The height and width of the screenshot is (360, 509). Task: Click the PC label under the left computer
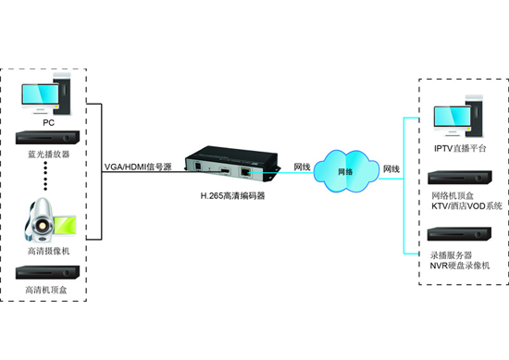49,123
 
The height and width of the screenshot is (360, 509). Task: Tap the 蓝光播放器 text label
49,154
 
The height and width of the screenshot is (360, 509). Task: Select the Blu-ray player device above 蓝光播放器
48,138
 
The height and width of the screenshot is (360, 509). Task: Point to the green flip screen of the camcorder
65,225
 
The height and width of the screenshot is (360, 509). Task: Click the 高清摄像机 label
49,251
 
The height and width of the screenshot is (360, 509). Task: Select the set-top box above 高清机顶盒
48,272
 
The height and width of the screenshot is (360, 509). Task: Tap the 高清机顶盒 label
46,290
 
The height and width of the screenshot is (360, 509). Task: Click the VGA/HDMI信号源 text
138,167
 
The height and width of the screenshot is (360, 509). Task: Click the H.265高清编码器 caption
232,196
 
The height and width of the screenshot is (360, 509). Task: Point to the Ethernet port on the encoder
245,172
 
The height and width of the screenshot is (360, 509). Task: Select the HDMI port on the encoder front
225,170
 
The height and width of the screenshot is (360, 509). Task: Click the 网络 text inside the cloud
345,171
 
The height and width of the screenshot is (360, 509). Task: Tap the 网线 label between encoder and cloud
302,167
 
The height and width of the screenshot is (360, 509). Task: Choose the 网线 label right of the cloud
391,168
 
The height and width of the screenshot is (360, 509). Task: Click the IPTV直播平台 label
460,148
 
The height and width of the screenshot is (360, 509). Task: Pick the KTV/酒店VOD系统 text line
466,205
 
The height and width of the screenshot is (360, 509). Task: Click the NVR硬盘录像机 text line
460,266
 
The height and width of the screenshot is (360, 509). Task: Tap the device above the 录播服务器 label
459,234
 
